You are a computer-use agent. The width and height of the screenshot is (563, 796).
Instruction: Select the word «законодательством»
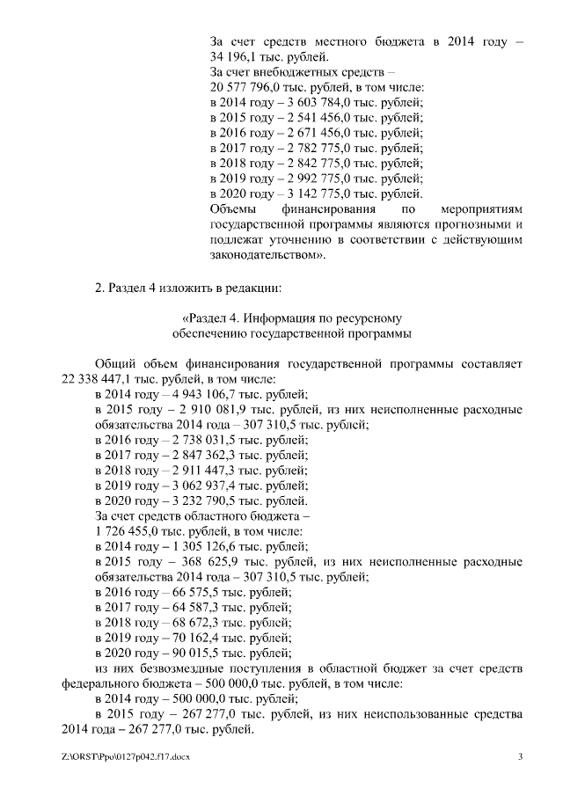(266, 255)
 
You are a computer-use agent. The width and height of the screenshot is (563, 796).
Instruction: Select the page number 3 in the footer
(520, 757)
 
